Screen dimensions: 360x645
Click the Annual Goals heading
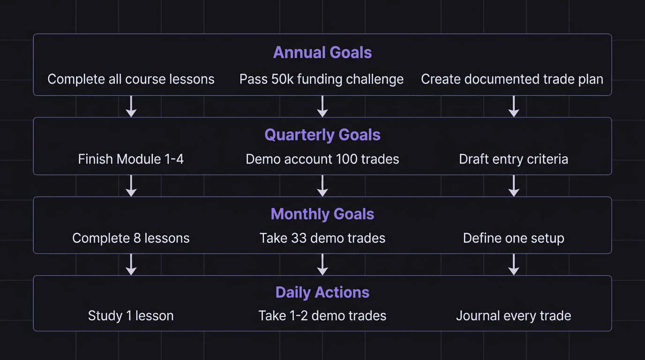click(x=322, y=52)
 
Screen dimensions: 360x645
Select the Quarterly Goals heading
click(x=322, y=135)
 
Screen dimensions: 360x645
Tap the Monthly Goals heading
click(x=322, y=214)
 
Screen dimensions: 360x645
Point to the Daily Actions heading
click(x=322, y=292)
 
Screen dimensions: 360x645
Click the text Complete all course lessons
click(x=131, y=79)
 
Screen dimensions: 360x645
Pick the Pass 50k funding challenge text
click(x=322, y=79)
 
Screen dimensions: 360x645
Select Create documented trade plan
click(x=512, y=79)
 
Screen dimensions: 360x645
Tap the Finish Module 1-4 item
click(x=131, y=159)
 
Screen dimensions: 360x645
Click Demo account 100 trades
click(x=322, y=159)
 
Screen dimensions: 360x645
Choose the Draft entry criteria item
click(x=513, y=159)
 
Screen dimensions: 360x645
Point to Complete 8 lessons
click(x=131, y=238)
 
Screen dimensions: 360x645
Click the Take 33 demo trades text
click(x=322, y=238)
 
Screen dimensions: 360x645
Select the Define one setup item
click(x=513, y=238)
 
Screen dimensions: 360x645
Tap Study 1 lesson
click(x=131, y=316)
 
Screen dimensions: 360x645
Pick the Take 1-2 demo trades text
click(x=322, y=316)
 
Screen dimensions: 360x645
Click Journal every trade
click(x=513, y=316)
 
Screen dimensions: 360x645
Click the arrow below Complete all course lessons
click(x=131, y=106)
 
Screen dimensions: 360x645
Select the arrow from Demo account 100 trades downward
click(x=322, y=186)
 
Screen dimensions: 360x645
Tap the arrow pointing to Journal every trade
click(x=514, y=264)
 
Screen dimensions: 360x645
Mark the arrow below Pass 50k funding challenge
click(x=322, y=106)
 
